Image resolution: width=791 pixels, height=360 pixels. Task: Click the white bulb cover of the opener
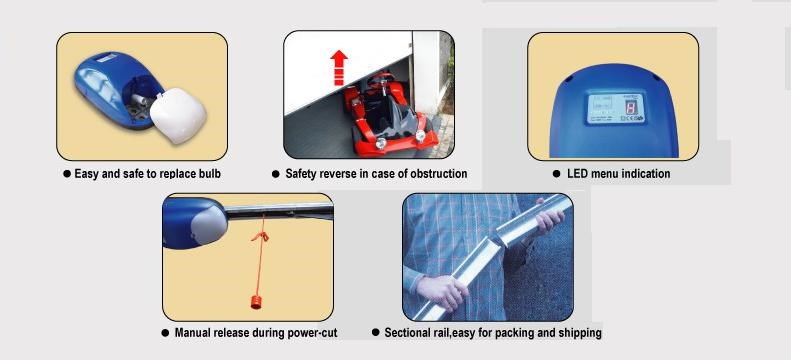178,115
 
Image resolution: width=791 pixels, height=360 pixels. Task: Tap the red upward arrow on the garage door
338,68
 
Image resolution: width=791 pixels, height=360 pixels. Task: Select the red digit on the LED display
630,107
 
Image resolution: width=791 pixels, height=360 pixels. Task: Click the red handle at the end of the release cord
256,302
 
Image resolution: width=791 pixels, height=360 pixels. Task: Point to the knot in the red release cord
260,236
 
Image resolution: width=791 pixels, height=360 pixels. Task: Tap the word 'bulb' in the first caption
208,173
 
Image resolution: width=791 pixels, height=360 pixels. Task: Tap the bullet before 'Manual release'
165,333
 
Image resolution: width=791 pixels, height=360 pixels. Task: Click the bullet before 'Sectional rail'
376,332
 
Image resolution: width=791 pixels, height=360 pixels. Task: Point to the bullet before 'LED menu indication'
556,173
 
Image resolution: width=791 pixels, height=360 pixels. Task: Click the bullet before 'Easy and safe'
67,173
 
